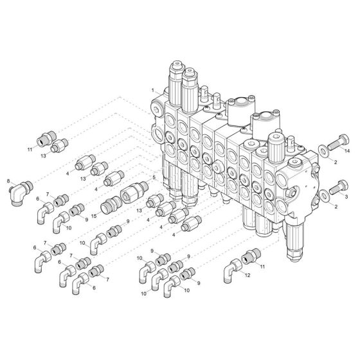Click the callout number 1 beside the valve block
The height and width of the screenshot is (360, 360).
pos(152,90)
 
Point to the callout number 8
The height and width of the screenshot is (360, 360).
pos(8,182)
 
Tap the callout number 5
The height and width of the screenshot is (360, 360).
pos(154,177)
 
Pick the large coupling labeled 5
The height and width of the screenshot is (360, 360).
pos(134,191)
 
